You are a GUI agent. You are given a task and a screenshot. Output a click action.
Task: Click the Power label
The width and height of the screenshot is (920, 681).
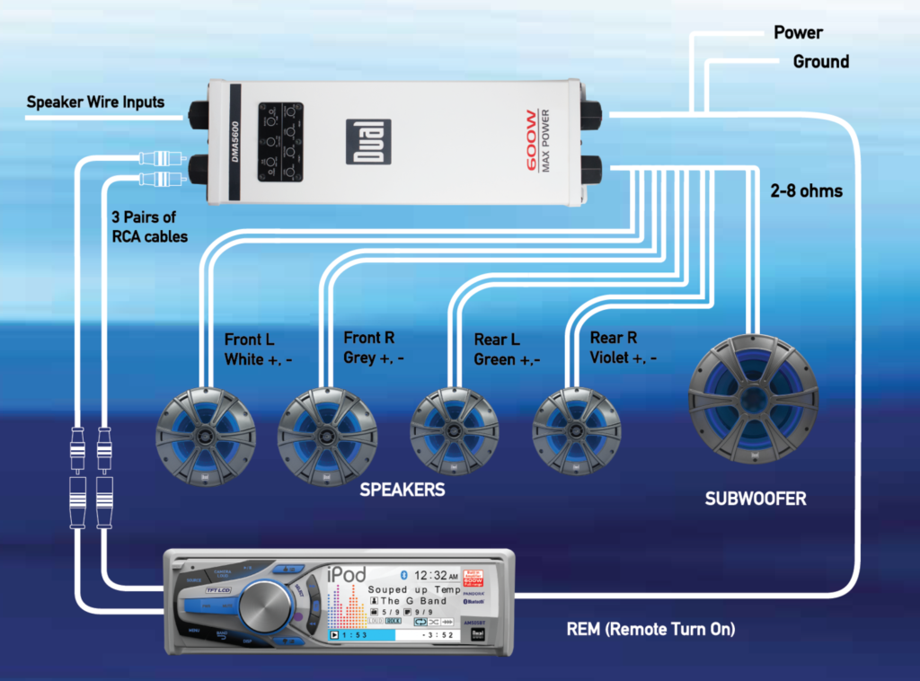tap(798, 33)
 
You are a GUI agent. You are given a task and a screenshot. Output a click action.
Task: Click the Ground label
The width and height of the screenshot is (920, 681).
tap(820, 62)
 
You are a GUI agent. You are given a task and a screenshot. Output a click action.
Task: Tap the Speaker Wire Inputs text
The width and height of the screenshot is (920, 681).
tap(95, 102)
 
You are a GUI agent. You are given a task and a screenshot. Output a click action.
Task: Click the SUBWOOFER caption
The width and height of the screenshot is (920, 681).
tap(756, 499)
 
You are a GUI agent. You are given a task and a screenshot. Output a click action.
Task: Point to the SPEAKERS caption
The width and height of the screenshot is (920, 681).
tap(402, 491)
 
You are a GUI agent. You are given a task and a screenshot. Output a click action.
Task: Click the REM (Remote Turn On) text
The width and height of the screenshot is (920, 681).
tap(650, 629)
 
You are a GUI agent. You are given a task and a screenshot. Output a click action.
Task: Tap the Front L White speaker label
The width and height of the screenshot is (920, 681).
tap(258, 349)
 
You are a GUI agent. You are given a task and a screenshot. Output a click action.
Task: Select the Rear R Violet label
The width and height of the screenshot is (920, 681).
tap(623, 347)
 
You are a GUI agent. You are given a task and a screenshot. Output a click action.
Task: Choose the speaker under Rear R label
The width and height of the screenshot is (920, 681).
tap(577, 429)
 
